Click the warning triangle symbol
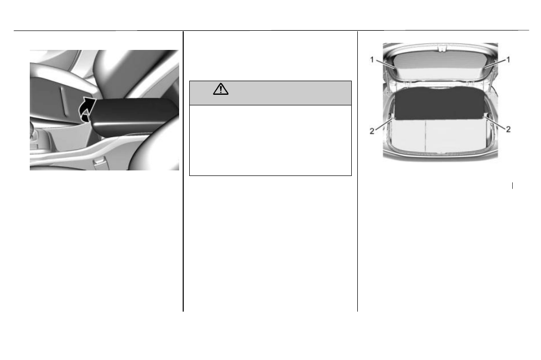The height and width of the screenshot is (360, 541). pyautogui.click(x=221, y=89)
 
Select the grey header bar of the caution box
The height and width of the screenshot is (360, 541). pyautogui.click(x=270, y=93)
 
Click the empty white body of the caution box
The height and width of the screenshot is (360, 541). pyautogui.click(x=270, y=140)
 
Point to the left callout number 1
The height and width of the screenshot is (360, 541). pyautogui.click(x=372, y=59)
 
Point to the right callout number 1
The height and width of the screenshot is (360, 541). pyautogui.click(x=508, y=59)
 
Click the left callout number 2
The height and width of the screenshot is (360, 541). pyautogui.click(x=372, y=131)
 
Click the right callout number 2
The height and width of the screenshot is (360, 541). pyautogui.click(x=508, y=129)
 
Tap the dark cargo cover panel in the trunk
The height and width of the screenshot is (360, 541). pyautogui.click(x=440, y=103)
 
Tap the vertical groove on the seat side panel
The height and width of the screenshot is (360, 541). pyautogui.click(x=63, y=101)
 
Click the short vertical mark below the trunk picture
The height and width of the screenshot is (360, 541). pyautogui.click(x=512, y=186)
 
